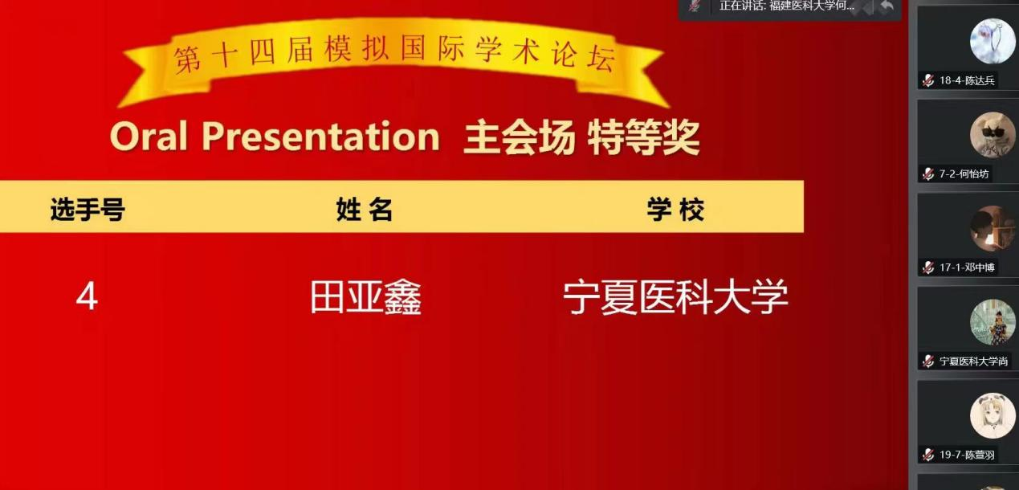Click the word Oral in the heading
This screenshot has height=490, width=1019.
pos(149,136)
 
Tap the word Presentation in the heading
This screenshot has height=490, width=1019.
pos(321,136)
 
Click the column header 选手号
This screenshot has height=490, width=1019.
pos(88,210)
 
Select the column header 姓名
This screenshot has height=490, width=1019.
pos(365,210)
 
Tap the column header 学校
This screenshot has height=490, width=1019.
pos(675,210)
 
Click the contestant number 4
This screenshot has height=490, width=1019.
pos(87,297)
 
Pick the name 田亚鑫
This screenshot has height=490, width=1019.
pos(365,297)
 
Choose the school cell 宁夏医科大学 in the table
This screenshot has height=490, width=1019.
pos(675,297)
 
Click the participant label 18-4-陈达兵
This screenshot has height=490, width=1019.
pos(967,80)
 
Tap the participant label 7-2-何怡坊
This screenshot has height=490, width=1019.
pos(964,174)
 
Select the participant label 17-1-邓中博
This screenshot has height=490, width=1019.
pos(967,267)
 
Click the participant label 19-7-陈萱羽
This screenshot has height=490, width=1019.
pos(967,455)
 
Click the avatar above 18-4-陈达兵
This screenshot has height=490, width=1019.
pos(993,41)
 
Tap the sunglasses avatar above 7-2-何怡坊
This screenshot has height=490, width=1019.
pos(993,135)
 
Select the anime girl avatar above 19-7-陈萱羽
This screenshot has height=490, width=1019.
pos(993,415)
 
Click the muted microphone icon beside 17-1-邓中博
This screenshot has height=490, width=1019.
pos(928,267)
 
